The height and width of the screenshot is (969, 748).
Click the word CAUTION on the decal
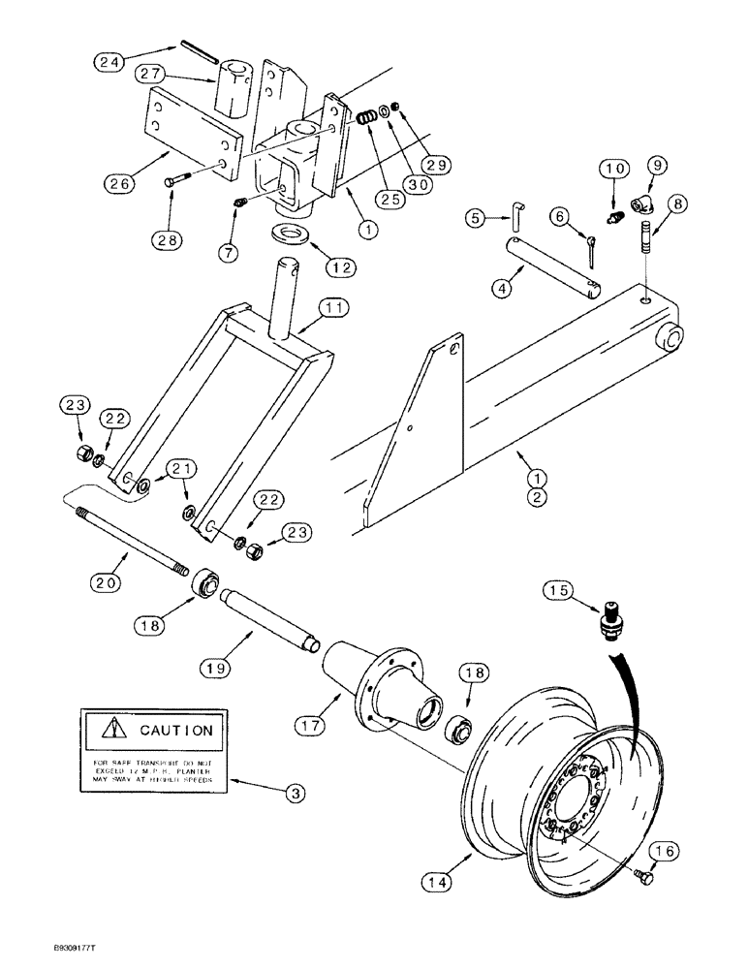click(x=175, y=731)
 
